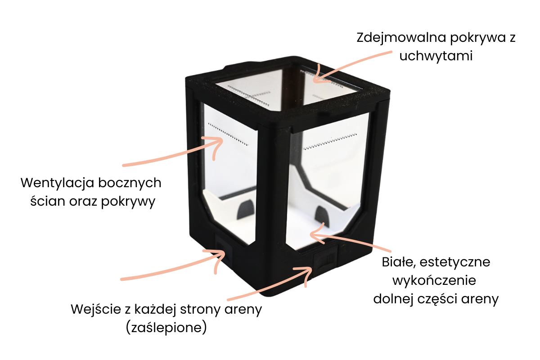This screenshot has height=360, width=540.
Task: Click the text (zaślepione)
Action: (166, 328)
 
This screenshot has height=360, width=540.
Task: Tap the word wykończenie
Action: (434, 281)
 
